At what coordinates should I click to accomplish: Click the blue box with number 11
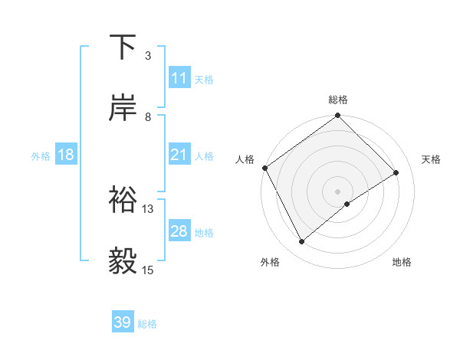pos(179,78)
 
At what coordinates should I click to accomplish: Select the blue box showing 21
pos(179,155)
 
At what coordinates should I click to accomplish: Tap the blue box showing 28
pos(179,231)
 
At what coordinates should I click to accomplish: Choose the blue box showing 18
pos(66,155)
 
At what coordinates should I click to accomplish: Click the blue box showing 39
pos(122,322)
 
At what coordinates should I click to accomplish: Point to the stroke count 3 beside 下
pos(148,56)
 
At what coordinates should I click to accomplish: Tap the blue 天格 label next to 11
pos(204,80)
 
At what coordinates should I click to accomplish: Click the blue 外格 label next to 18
pos(41,156)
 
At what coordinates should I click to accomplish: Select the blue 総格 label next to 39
pos(147,324)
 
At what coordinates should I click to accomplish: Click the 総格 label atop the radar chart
pos(338,100)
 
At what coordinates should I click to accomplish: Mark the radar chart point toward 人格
pos(264,168)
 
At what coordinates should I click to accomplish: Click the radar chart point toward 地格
pos(347,204)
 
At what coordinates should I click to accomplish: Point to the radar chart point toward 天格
pos(396,172)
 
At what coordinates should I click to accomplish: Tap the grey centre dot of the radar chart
pos(338,191)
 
